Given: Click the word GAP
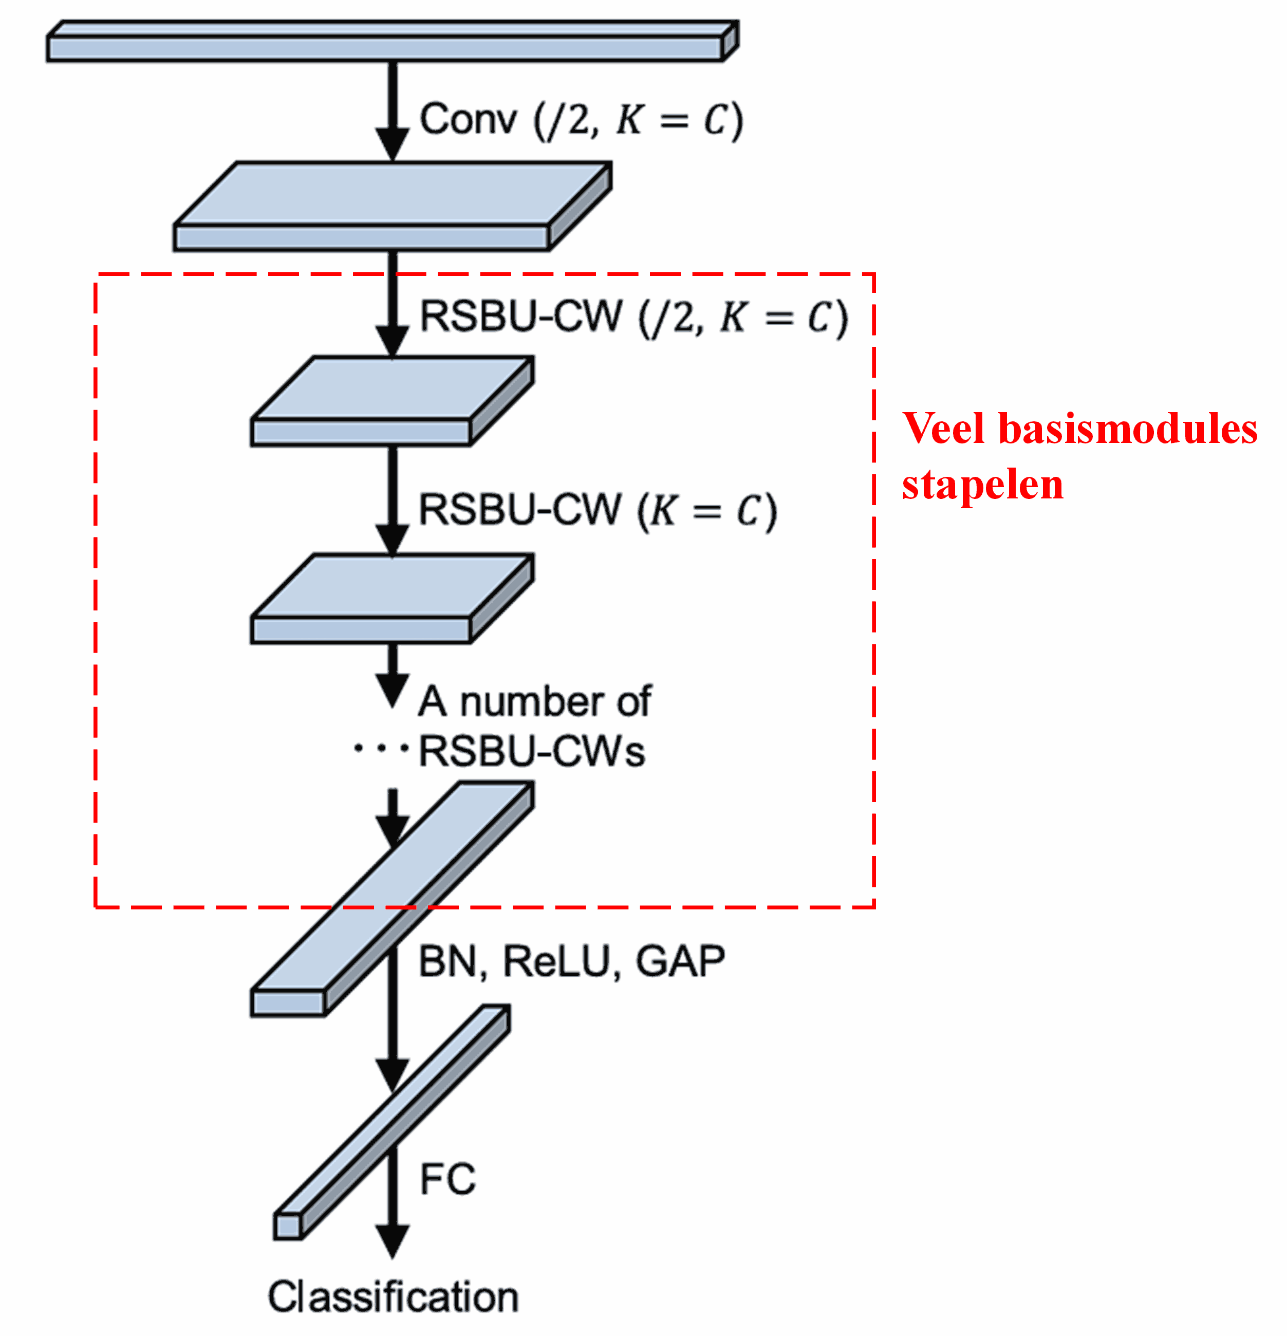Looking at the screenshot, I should (x=680, y=962).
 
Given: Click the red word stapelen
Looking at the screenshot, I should (x=982, y=485).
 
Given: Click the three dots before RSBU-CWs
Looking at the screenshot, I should (x=380, y=749).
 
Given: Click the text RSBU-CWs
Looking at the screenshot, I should (x=532, y=751).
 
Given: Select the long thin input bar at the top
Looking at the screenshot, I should (x=385, y=48).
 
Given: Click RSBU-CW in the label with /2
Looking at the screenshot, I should (x=521, y=317).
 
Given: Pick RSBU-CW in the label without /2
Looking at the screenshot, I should (x=519, y=509).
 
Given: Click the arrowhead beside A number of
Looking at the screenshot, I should (x=393, y=689).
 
